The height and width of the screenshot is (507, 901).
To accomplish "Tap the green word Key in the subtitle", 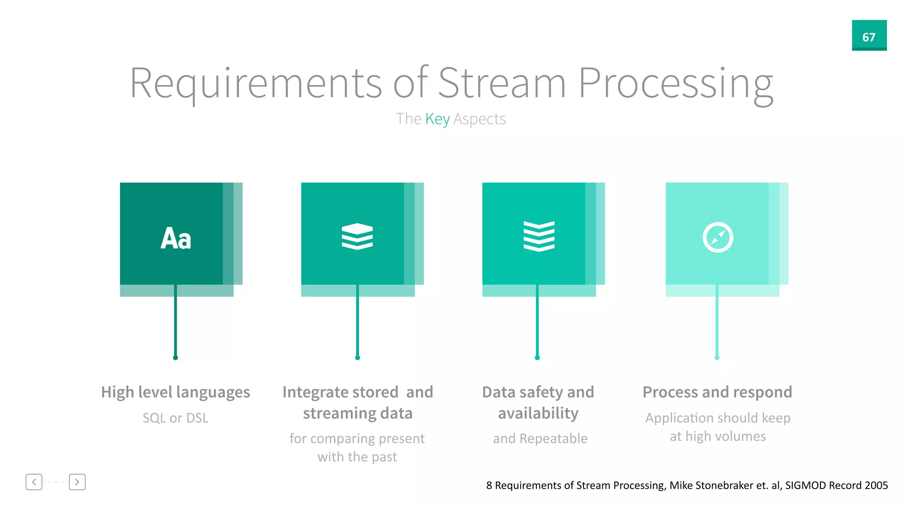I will (x=437, y=119).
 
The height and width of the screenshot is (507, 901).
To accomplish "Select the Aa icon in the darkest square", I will (x=176, y=238).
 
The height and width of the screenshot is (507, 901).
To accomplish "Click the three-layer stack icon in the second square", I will (x=357, y=236).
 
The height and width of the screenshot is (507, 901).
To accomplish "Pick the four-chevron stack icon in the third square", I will (x=539, y=236).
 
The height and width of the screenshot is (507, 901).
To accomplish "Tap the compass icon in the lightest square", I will (x=718, y=237).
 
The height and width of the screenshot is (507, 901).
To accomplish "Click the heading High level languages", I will (x=176, y=392).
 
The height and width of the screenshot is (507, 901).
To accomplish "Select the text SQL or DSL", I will (x=176, y=418).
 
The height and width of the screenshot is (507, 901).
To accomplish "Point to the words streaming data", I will (x=358, y=413).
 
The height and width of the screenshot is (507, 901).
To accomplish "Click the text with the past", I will (x=357, y=457).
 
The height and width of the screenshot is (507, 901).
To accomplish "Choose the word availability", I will (x=538, y=413).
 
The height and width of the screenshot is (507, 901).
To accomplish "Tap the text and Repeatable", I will (x=540, y=438).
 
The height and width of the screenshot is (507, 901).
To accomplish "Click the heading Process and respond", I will (x=718, y=392).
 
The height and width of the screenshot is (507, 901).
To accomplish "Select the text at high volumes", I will (x=718, y=436).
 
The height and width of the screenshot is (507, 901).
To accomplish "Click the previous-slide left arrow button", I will (x=34, y=482).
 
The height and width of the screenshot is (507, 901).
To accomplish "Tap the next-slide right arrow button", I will (x=77, y=482).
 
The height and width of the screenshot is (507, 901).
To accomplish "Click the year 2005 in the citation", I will (x=876, y=485).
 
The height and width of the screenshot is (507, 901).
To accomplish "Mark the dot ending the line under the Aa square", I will (x=176, y=358).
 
